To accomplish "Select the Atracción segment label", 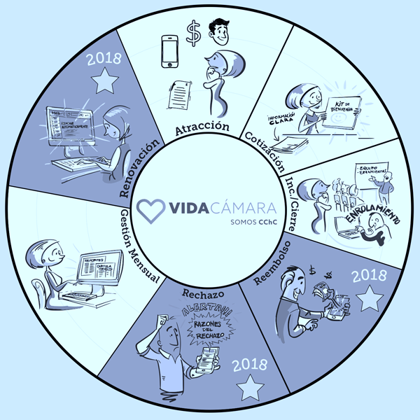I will click(x=203, y=127).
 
